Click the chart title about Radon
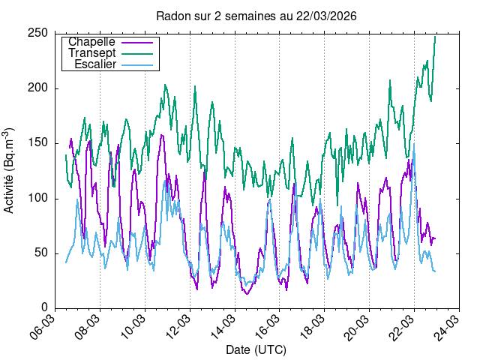click(256, 16)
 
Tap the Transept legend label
click(91, 53)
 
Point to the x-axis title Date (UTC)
click(256, 350)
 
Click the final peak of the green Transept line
click(435, 37)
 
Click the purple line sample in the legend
click(142, 42)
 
